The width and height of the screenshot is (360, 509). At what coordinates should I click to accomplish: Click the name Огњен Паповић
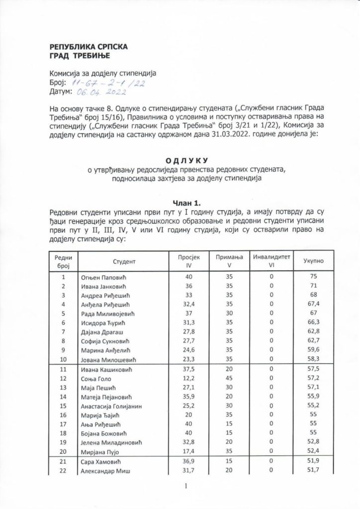pos(104,277)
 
